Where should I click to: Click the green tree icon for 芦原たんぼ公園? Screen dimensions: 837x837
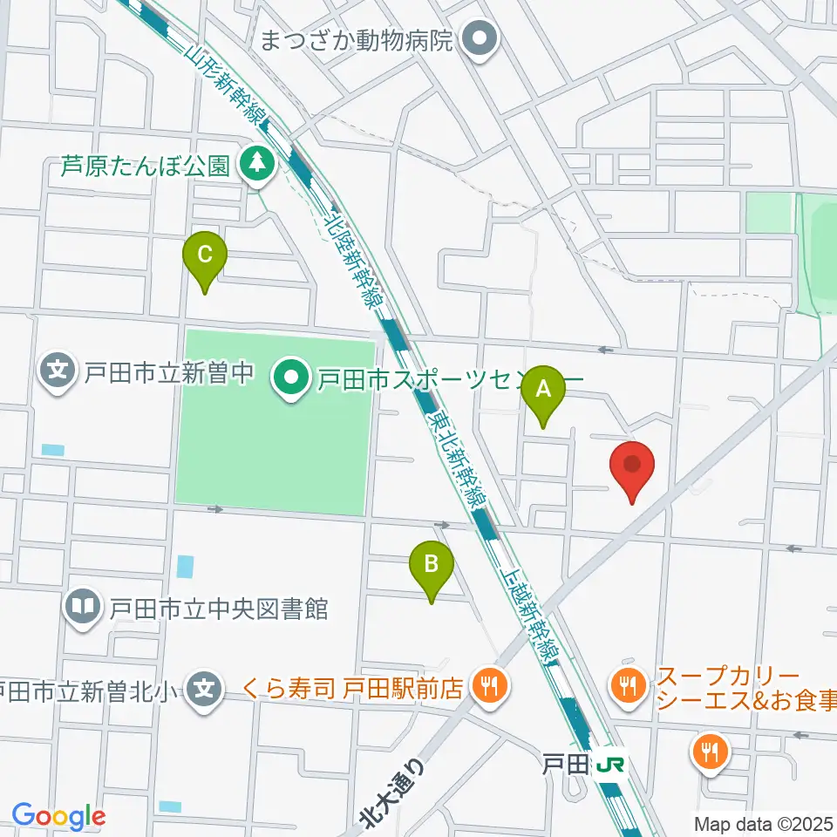(256, 162)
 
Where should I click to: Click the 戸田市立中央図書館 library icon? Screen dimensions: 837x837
(83, 606)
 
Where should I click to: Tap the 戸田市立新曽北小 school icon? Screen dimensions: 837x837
(204, 691)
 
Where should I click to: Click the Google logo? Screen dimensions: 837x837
(58, 816)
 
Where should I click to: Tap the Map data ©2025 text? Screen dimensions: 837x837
(763, 822)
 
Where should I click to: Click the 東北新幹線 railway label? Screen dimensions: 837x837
(457, 459)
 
